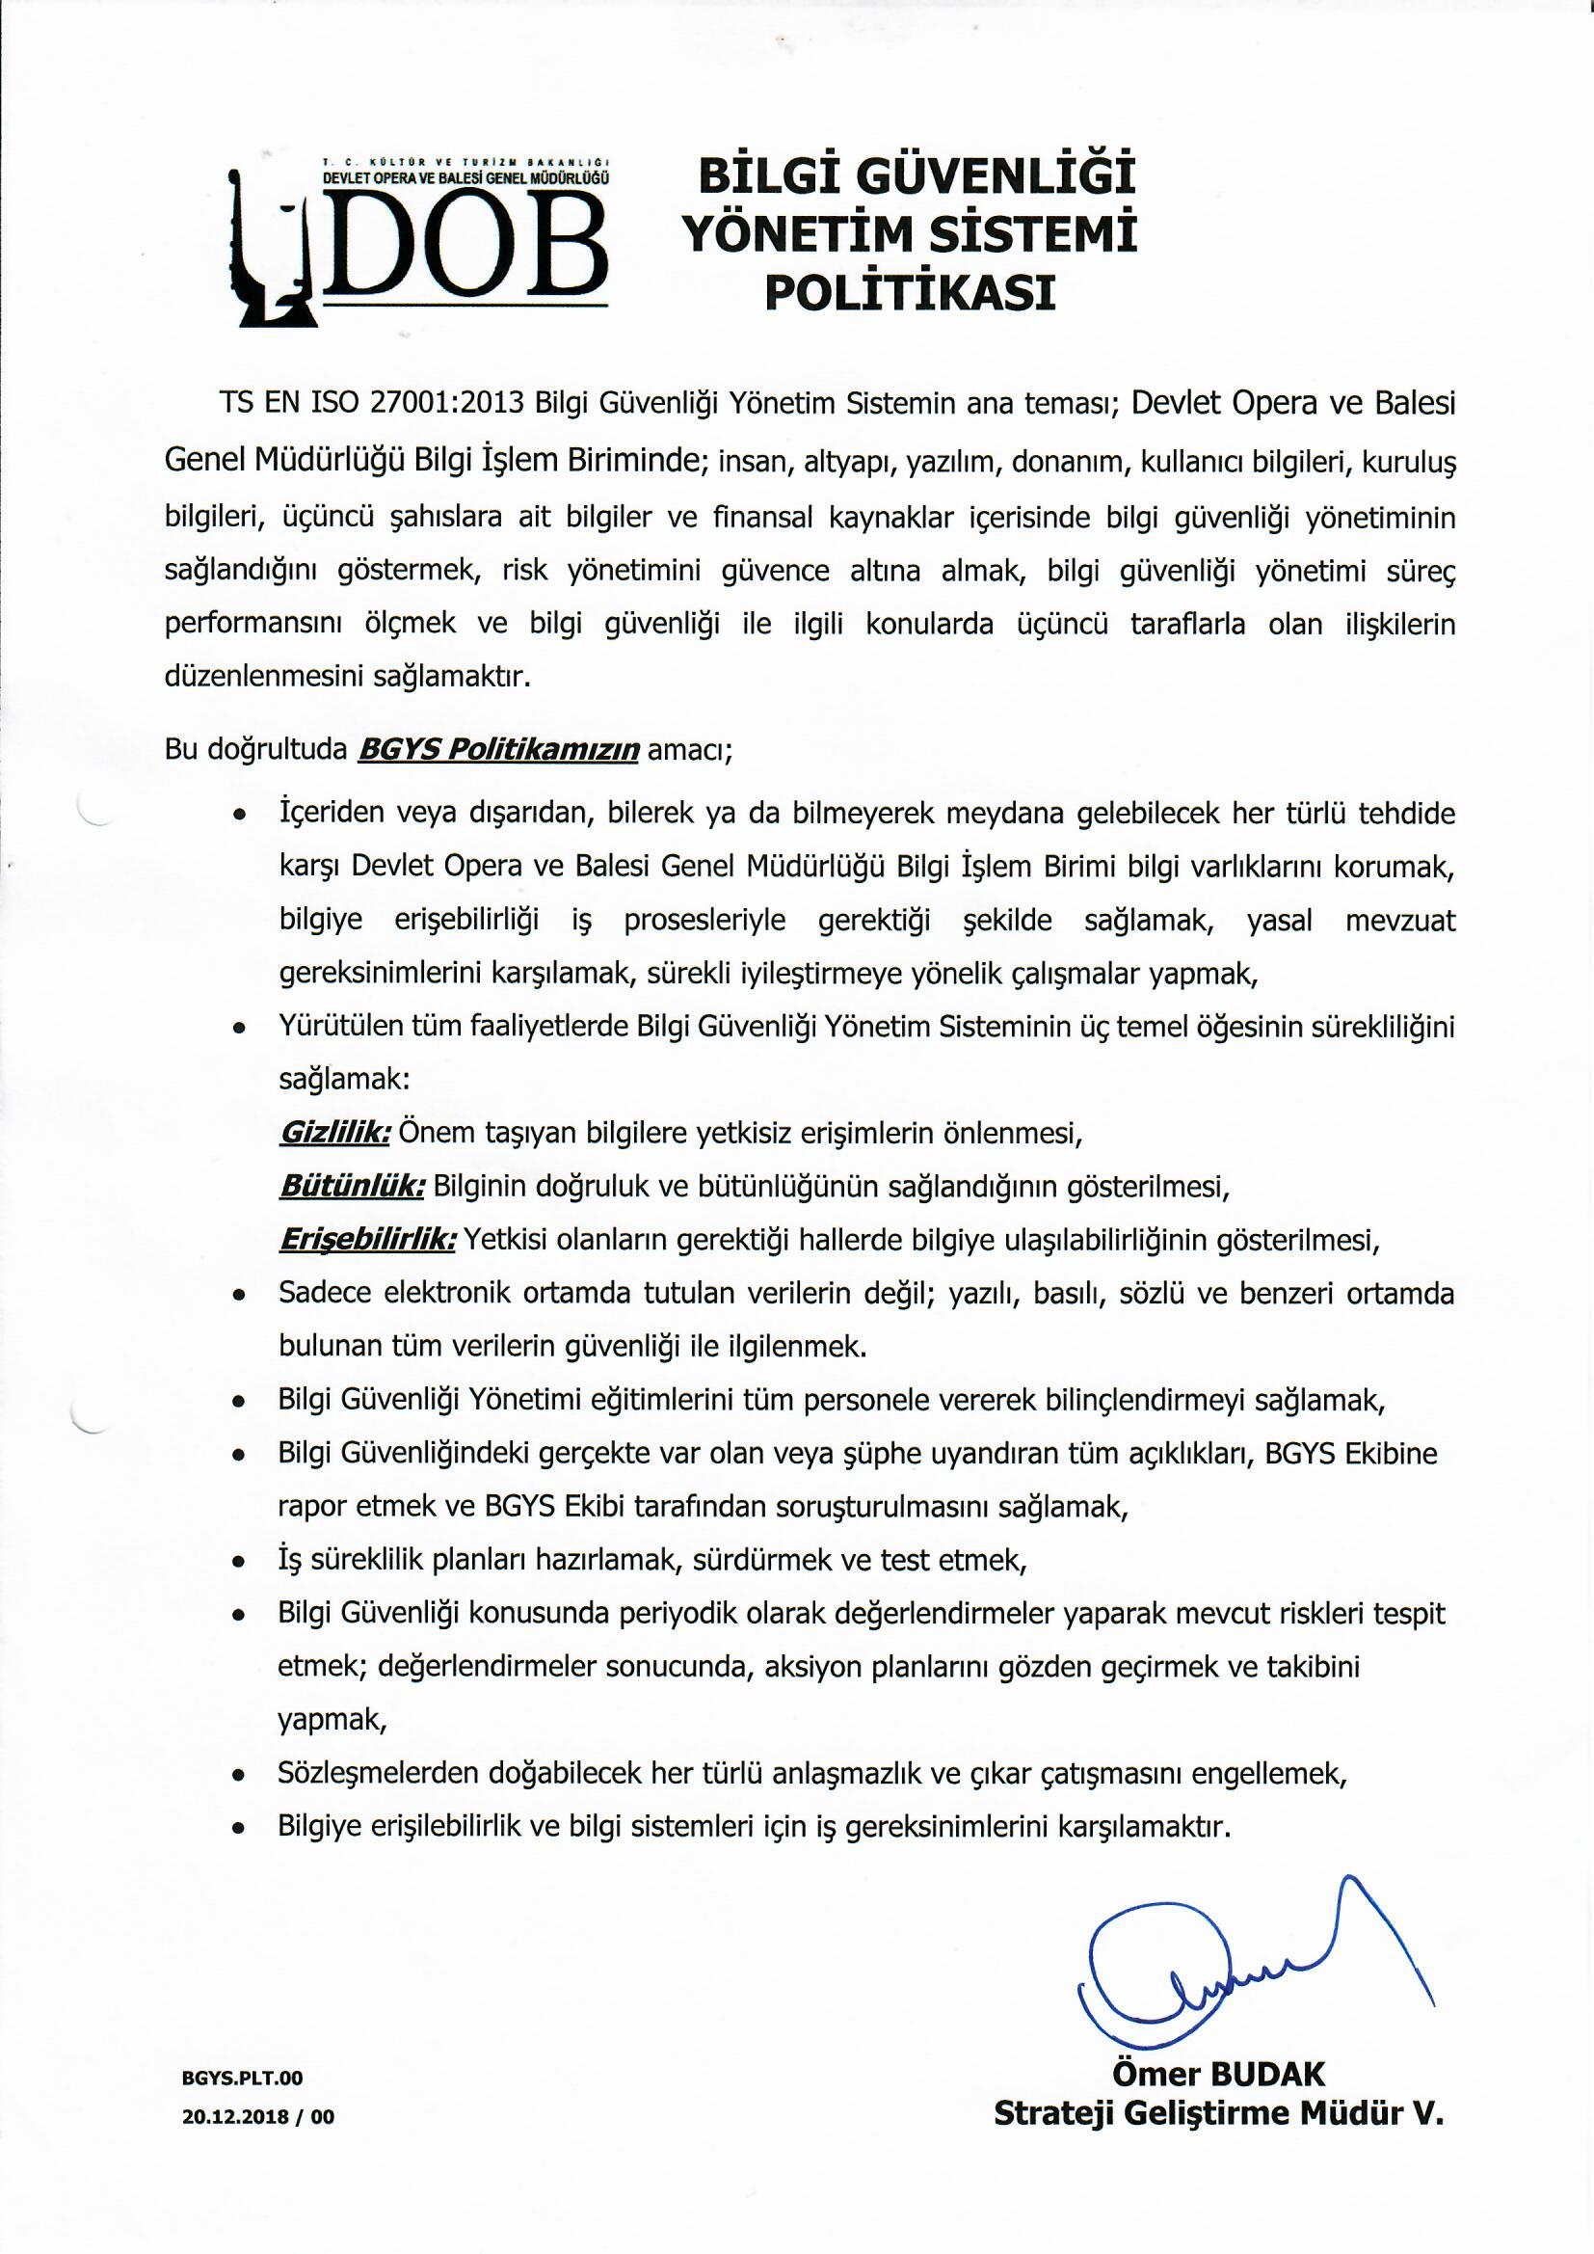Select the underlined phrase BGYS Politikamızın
click(x=499, y=751)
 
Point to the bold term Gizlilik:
click(x=334, y=1134)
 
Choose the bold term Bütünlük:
click(x=352, y=1187)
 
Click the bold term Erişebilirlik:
click(x=367, y=1241)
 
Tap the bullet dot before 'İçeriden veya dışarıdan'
click(x=238, y=817)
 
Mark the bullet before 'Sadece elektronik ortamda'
click(x=238, y=1296)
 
